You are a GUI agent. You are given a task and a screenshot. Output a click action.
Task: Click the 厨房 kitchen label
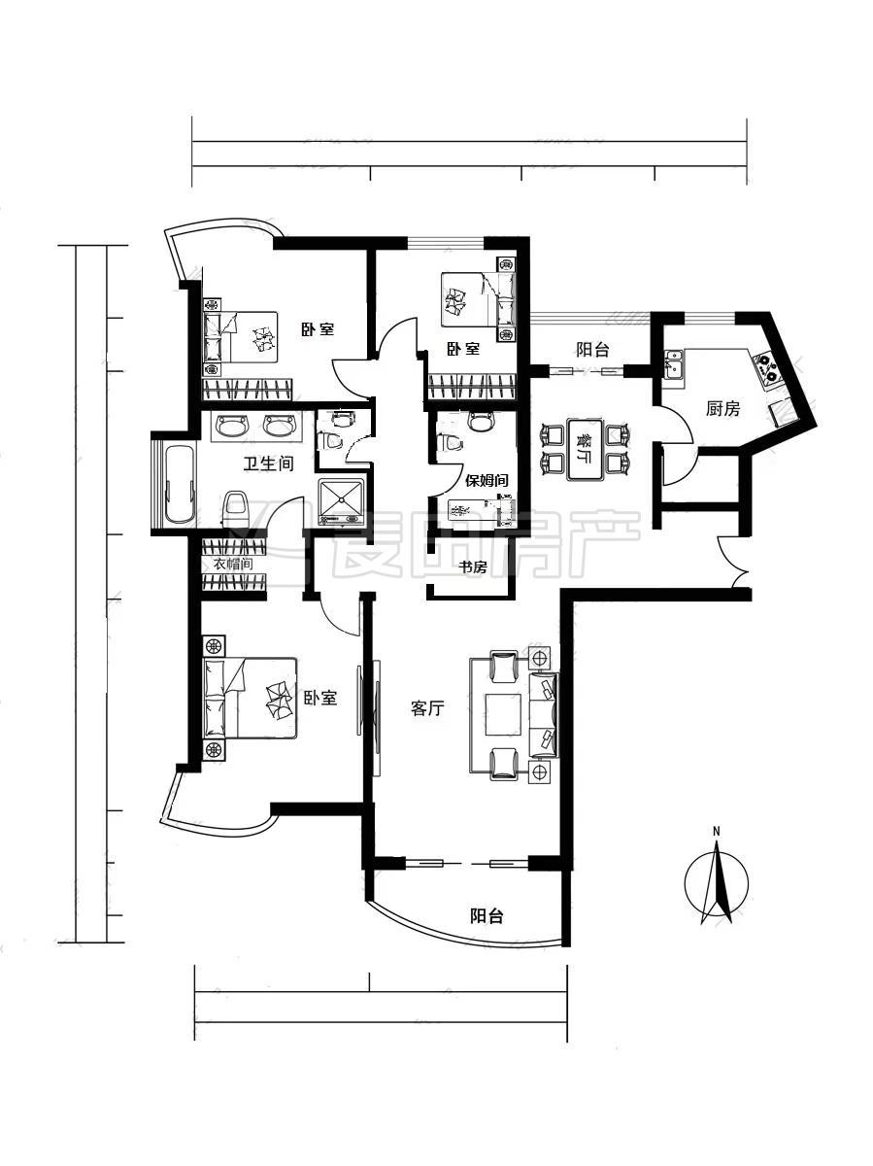(722, 409)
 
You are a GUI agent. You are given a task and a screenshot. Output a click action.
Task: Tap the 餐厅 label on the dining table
(586, 448)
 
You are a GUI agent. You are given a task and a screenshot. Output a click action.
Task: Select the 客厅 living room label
(427, 708)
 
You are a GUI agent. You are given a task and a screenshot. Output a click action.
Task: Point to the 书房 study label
(473, 566)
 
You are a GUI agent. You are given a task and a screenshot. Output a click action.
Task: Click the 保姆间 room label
(487, 480)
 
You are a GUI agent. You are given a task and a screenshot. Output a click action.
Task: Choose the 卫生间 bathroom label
(269, 463)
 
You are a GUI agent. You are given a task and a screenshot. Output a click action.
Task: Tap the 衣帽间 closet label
(232, 565)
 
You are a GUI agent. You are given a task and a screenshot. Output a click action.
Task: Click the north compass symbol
(717, 884)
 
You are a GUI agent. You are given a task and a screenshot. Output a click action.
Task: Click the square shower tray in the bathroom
(341, 501)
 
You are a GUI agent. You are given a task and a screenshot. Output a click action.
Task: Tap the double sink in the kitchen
(675, 363)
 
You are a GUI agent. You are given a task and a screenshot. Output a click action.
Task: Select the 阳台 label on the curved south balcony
(487, 915)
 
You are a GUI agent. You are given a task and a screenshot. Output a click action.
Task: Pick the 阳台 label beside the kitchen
(592, 350)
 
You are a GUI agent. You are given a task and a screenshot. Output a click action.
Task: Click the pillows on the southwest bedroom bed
(215, 698)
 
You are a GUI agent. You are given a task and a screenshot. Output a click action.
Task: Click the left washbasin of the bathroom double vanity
(232, 425)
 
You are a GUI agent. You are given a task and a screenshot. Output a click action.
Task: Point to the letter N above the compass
(717, 832)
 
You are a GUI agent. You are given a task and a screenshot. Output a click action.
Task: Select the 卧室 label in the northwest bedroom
(318, 328)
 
